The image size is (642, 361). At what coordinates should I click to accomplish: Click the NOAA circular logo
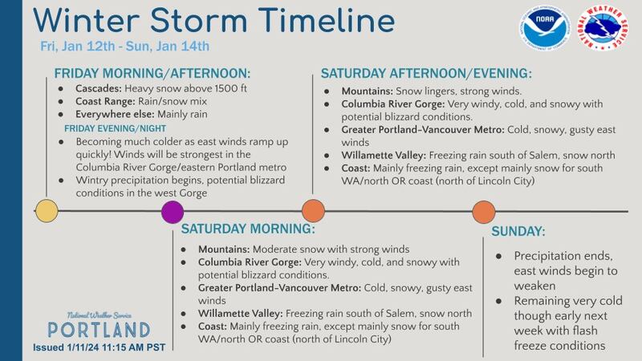point(545,27)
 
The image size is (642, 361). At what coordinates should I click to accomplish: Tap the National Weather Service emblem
point(603,27)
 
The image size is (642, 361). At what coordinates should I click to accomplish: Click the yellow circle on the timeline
point(47,211)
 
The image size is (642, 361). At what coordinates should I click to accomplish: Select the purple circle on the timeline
point(173,212)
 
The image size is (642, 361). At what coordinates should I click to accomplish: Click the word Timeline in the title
point(327,20)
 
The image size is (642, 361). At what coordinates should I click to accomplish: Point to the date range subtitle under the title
point(125,46)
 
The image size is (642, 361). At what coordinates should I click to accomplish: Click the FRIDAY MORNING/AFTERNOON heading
point(152,74)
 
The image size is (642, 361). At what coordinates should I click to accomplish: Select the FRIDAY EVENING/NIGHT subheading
point(115,128)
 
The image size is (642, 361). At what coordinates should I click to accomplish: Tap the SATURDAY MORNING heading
point(248,229)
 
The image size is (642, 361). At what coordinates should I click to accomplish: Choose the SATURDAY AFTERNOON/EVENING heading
point(426,74)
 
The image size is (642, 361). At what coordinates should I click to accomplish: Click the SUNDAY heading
point(518,232)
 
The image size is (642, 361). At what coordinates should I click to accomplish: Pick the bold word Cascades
point(99,89)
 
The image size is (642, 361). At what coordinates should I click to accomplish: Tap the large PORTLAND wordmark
point(99,330)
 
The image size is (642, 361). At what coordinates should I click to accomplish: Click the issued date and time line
point(100,347)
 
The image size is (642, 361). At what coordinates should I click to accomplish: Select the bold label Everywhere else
point(115,114)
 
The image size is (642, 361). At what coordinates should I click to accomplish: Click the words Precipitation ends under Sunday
point(563,256)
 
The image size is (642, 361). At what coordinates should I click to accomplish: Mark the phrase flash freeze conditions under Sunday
point(559,338)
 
